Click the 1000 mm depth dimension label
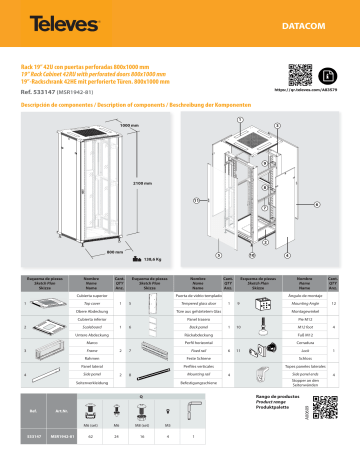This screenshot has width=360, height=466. point(74,124)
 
